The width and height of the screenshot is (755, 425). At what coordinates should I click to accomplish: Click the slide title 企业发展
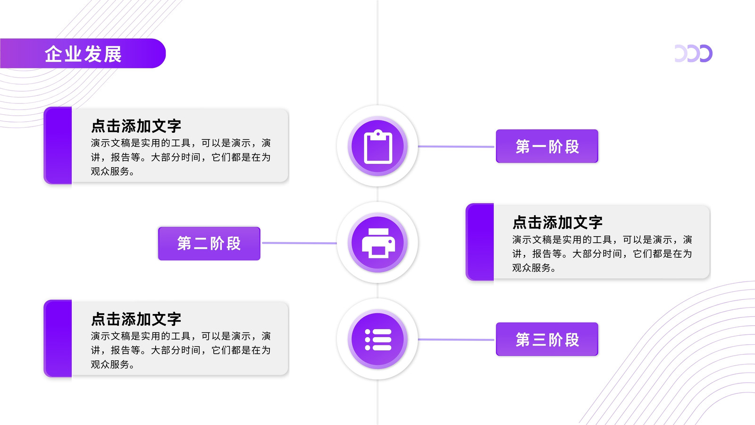[83, 54]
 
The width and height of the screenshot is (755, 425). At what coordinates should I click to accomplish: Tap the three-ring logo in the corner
[693, 53]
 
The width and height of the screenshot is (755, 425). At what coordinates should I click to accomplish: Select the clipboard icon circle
[377, 146]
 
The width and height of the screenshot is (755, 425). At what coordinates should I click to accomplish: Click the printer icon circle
[377, 243]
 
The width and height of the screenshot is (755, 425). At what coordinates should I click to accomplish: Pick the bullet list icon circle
[377, 340]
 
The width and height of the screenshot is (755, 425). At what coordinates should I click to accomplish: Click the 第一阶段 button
[547, 146]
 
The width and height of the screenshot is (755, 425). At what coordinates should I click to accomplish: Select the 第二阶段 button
[209, 243]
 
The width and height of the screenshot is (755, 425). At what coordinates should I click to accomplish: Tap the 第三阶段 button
[547, 339]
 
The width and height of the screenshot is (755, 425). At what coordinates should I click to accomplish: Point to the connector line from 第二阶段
[299, 243]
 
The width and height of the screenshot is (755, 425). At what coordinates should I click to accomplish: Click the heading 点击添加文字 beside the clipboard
[136, 126]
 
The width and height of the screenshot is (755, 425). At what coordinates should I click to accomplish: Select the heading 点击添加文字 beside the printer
[557, 222]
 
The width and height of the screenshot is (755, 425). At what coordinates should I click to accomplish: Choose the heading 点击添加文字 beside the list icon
[136, 319]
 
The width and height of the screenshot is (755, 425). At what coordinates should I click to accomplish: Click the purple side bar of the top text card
[58, 145]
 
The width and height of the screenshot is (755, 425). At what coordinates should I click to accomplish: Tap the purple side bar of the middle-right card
[479, 242]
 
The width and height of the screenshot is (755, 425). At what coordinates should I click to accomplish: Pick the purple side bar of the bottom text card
[58, 338]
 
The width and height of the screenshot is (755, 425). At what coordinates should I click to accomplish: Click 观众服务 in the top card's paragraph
[110, 171]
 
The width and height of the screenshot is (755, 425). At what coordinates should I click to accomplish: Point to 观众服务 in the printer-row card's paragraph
[531, 268]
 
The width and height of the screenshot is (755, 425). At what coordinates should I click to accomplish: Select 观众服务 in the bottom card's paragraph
[110, 364]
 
